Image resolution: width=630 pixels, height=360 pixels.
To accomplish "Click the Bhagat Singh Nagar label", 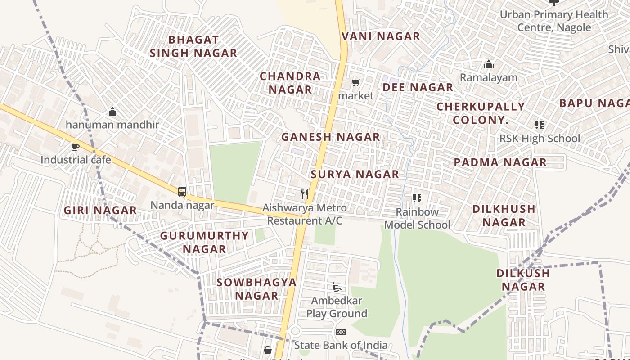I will click(193, 46).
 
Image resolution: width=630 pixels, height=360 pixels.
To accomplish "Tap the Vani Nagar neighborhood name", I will click(381, 36).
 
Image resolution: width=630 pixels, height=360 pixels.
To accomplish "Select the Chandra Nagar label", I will click(290, 83).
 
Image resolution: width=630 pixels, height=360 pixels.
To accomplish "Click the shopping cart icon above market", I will click(356, 83).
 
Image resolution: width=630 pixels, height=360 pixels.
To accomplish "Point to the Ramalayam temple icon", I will click(488, 65).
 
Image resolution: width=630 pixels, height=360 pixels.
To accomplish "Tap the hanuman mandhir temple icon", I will click(112, 112).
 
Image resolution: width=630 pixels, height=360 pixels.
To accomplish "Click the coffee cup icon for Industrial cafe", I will click(76, 147).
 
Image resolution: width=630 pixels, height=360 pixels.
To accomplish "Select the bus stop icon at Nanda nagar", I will click(182, 192).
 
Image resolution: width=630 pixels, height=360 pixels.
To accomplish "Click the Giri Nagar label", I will click(100, 210).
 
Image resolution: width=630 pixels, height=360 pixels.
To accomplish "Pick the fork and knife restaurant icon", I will click(305, 194).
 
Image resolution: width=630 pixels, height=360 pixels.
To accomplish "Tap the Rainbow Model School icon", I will click(417, 198).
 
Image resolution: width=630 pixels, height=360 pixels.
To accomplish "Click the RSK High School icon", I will click(539, 125).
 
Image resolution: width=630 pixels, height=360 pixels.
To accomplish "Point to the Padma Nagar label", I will click(500, 162).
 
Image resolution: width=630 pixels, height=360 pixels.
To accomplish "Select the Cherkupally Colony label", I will click(481, 113).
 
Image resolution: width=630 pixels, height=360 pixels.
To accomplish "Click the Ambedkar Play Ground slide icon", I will click(336, 287).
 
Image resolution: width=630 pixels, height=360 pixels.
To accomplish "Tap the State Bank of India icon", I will click(341, 332).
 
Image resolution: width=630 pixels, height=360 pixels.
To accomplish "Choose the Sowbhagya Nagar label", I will click(256, 289).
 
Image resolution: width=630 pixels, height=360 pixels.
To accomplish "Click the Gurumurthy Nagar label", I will click(204, 242).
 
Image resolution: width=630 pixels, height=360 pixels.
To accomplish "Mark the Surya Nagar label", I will click(355, 174).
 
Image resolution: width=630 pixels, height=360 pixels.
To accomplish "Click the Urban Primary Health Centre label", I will click(554, 21).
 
